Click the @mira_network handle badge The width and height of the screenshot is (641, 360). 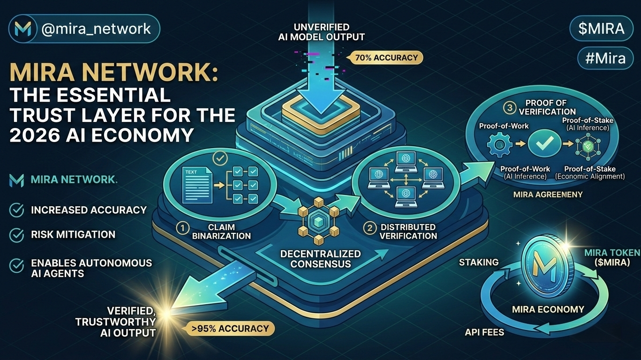coord(84,29)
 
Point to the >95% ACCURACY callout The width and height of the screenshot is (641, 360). coord(230,328)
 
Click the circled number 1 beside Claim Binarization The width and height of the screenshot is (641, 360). coord(182,228)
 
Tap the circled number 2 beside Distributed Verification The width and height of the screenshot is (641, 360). coord(370,228)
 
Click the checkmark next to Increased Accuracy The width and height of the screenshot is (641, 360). coord(17,210)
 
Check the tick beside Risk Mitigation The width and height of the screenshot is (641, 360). coord(17,234)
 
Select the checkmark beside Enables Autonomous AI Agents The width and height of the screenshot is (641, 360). coord(17,266)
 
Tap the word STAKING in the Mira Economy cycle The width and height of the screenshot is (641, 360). coord(479,262)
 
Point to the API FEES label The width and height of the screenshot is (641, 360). coord(484,332)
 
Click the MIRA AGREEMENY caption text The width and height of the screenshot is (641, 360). coord(548,194)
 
